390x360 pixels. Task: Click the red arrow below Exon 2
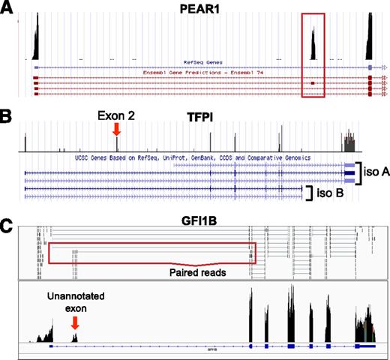point(115,130)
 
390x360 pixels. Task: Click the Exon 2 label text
point(115,116)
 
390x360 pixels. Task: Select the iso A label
point(373,172)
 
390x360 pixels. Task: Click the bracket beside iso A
point(358,172)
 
